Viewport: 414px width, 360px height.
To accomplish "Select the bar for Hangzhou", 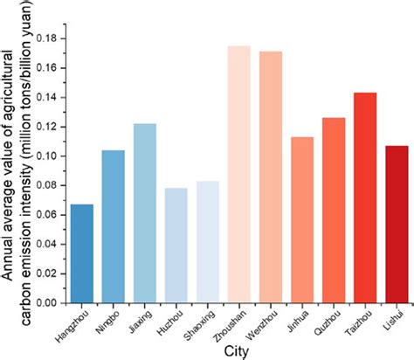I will [81, 254].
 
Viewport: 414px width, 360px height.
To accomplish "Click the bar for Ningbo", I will [113, 227].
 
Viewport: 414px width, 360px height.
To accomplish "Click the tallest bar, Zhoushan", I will [238, 175].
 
